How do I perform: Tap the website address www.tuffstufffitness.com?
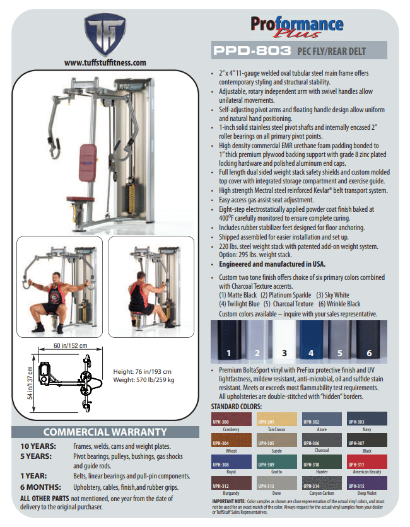(x=105, y=63)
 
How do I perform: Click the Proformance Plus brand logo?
(x=297, y=26)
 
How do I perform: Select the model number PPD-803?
(x=252, y=50)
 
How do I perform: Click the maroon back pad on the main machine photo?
(x=88, y=163)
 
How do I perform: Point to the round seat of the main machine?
(x=80, y=199)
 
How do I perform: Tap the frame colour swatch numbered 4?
(x=312, y=342)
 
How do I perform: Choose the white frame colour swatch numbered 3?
(x=284, y=342)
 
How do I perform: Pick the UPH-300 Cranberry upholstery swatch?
(x=231, y=419)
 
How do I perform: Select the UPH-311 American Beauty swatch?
(x=367, y=461)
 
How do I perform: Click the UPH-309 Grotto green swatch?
(x=276, y=461)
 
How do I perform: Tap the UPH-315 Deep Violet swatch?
(x=367, y=483)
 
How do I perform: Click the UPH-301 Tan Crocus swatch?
(x=276, y=419)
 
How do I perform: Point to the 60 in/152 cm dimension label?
(x=71, y=345)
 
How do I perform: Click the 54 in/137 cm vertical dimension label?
(x=30, y=383)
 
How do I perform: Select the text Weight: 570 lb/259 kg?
(x=144, y=379)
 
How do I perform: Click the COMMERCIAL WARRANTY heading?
(x=105, y=432)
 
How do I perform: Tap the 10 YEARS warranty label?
(x=38, y=446)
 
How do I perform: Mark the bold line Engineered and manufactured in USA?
(x=272, y=264)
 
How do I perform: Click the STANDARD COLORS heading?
(x=236, y=407)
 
